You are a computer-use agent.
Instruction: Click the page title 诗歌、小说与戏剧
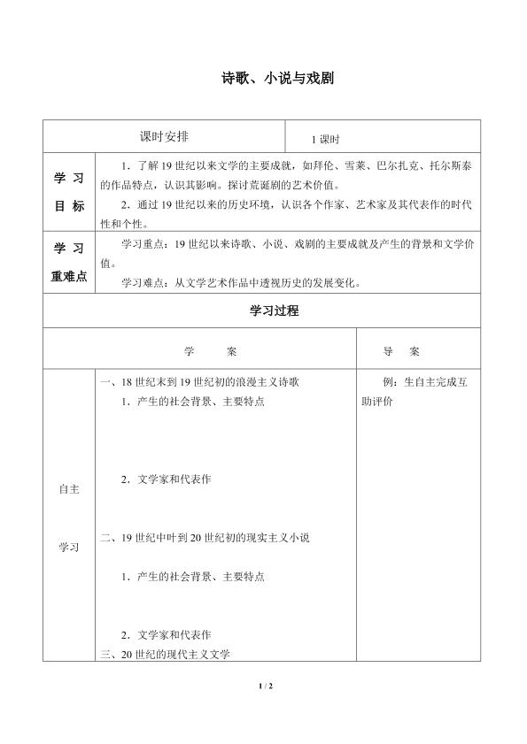(x=263, y=78)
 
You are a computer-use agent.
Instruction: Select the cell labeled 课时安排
(x=164, y=136)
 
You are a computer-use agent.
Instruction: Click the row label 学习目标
(x=69, y=192)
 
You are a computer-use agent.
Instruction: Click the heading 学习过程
(x=263, y=311)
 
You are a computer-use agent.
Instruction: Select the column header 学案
(x=211, y=351)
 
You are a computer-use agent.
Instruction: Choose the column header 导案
(x=401, y=351)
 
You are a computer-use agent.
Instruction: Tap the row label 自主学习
(x=69, y=518)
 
